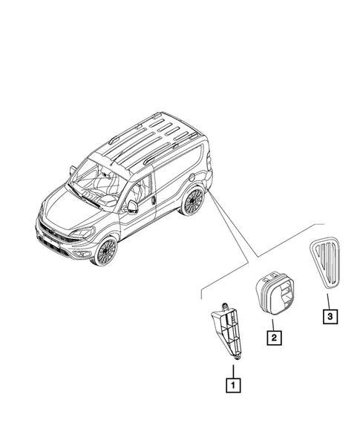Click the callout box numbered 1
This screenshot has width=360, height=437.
[233, 384]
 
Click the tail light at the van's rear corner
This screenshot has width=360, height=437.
[209, 162]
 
